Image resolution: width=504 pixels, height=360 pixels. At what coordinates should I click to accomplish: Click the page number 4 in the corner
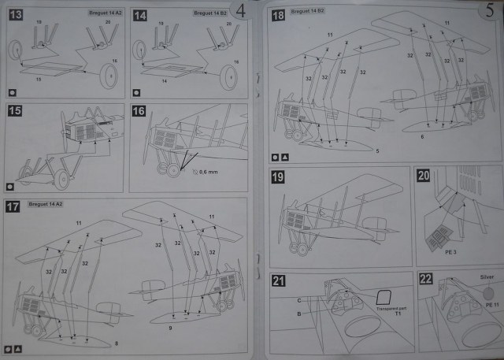coord(241,11)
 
